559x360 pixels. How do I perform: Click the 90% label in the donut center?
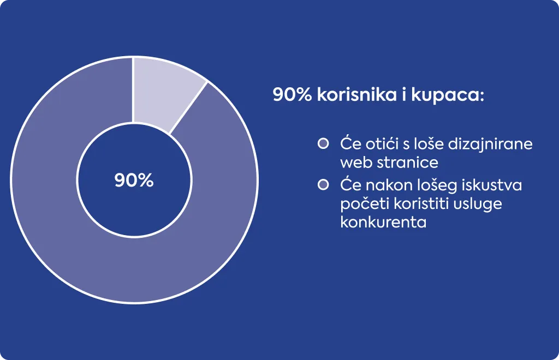point(134,180)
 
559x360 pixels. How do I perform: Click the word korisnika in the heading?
point(357,95)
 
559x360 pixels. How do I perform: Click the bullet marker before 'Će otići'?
point(323,143)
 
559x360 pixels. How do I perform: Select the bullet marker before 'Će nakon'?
point(323,185)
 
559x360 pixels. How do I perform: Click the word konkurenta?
point(384,222)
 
